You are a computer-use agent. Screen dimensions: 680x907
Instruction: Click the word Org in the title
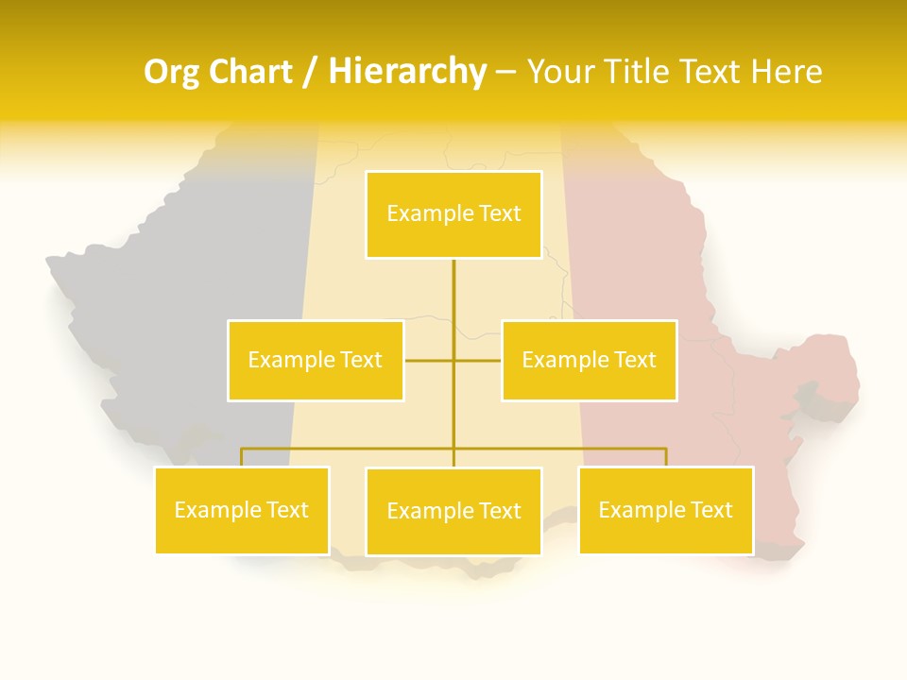click(170, 72)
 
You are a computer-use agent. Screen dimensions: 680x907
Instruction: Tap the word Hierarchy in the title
click(407, 72)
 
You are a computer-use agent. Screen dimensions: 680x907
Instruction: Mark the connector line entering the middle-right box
click(478, 360)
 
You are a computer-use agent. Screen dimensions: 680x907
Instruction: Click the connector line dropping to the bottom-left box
click(242, 457)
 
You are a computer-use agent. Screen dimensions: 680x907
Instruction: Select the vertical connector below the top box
click(453, 302)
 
